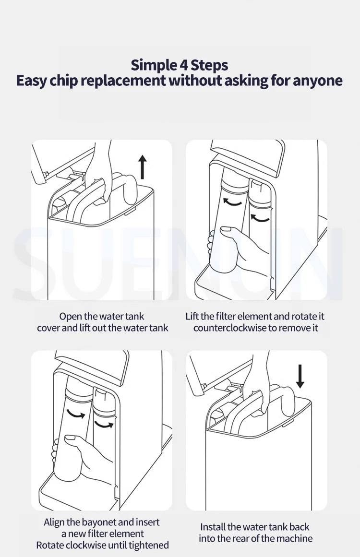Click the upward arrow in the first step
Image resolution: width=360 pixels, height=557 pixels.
coord(142,167)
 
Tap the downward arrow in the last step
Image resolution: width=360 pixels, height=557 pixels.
coord(300,376)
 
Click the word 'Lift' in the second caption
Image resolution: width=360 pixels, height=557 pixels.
coord(192,316)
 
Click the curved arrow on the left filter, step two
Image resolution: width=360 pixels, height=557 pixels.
coord(232,203)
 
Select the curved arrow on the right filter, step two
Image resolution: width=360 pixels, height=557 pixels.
coord(260,218)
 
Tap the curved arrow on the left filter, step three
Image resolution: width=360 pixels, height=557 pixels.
coord(76,414)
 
